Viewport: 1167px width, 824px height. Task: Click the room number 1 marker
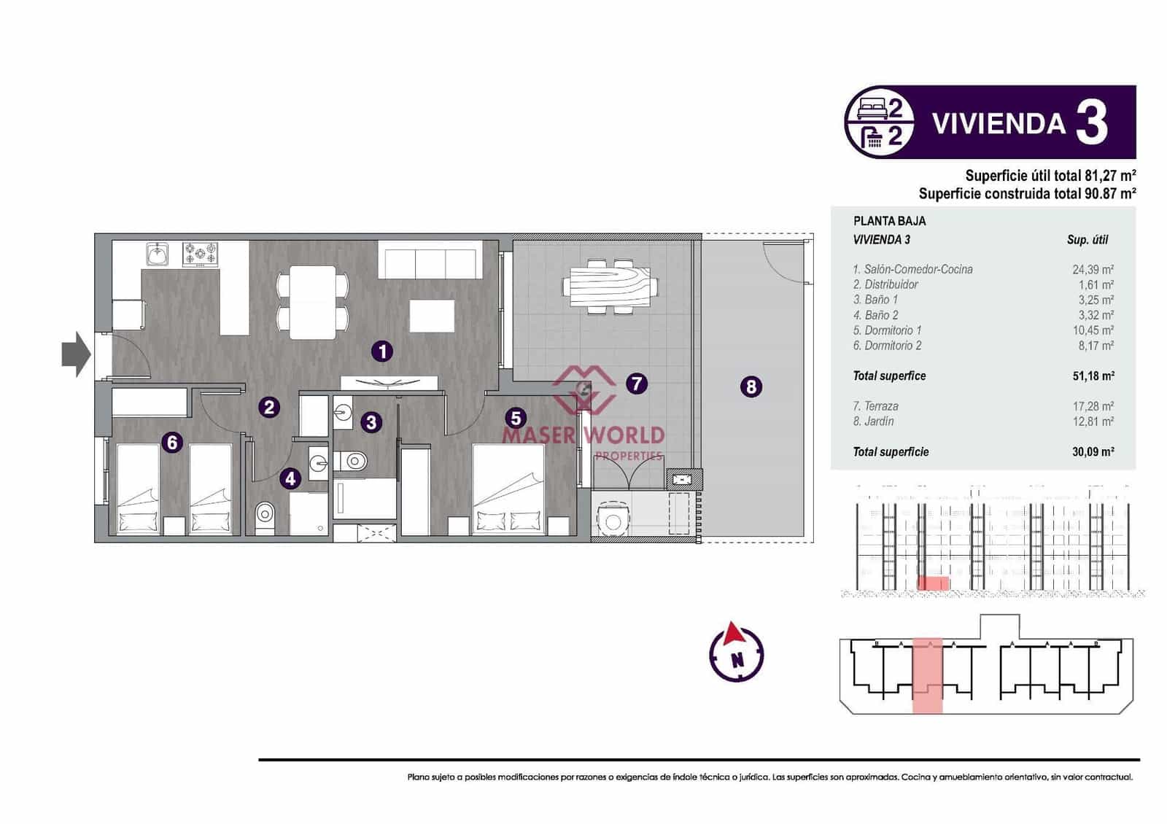[x=382, y=351]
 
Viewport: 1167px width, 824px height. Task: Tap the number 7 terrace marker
[x=636, y=383]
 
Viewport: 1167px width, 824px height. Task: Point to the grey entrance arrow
[x=76, y=354]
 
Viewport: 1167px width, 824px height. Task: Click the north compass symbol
[x=737, y=651]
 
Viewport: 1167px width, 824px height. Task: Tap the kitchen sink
[x=157, y=254]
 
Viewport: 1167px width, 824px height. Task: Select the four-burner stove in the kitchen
[x=200, y=254]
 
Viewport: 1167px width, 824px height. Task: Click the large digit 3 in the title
[x=1091, y=123]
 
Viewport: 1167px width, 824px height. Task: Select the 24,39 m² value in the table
[x=1093, y=269]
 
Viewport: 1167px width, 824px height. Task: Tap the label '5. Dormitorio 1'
[x=887, y=330]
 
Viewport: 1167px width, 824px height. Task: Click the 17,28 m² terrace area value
[x=1093, y=406]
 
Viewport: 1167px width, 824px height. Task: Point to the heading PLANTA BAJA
[x=889, y=221]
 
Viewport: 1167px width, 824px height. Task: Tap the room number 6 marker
[x=172, y=442]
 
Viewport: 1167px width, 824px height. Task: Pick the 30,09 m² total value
[x=1093, y=452]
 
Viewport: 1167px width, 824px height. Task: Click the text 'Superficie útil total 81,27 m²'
[x=1050, y=176]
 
